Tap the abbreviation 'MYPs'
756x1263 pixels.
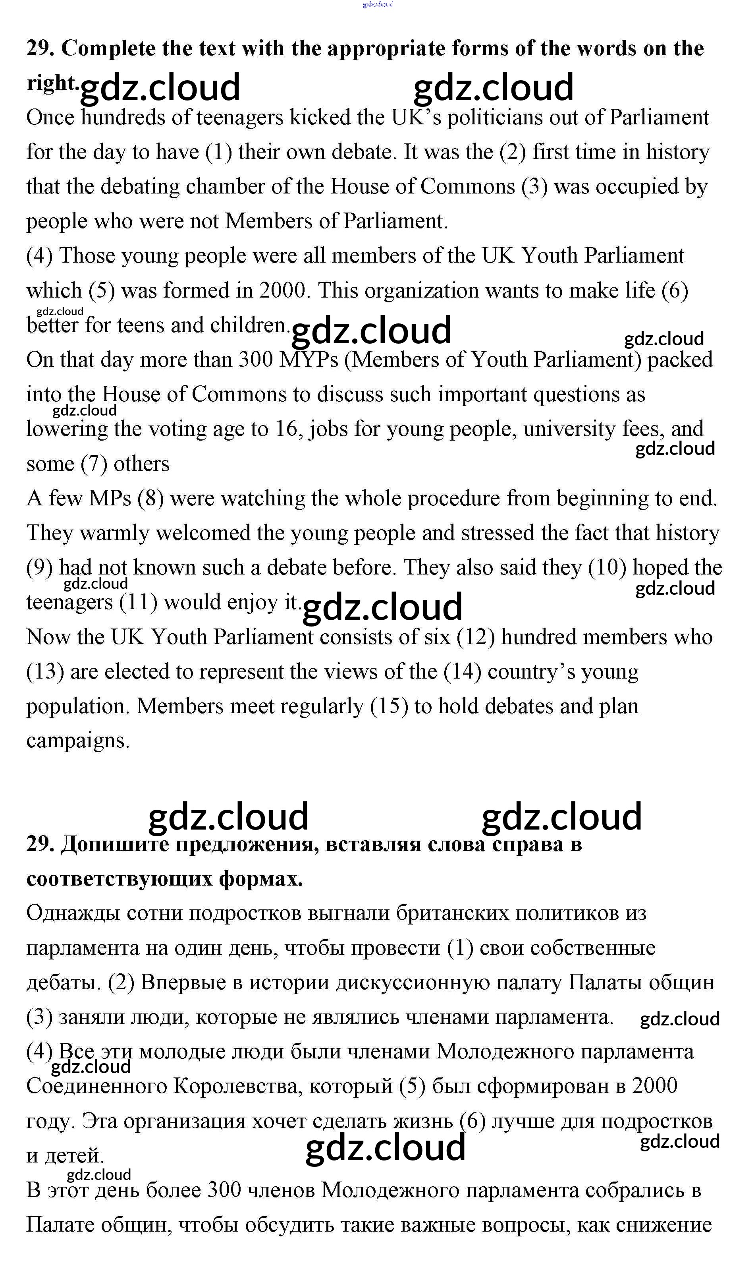309,360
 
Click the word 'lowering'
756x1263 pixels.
67,429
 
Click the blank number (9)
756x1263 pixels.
39,568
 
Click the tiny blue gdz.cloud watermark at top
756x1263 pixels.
378,5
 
